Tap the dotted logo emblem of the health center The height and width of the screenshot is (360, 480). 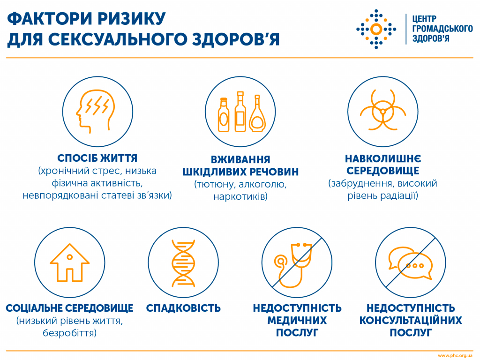376,29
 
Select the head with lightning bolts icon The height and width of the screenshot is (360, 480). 95,112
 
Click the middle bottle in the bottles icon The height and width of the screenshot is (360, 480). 240,112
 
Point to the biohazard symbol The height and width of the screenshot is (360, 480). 382,110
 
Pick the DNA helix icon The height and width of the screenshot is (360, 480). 183,263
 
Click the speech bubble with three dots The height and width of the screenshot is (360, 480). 415,266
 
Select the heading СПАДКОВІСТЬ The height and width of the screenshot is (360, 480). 183,308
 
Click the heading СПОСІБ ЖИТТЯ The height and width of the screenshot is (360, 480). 97,158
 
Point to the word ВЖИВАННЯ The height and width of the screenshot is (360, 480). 240,159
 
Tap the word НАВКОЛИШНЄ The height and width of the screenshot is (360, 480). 383,158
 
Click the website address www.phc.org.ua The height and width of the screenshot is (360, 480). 455,355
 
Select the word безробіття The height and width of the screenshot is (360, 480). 69,333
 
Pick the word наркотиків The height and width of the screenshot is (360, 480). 240,196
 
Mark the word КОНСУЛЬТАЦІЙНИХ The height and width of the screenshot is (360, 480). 411,321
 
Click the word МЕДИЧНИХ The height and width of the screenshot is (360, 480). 297,321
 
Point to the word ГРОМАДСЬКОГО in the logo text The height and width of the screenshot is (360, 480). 442,29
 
